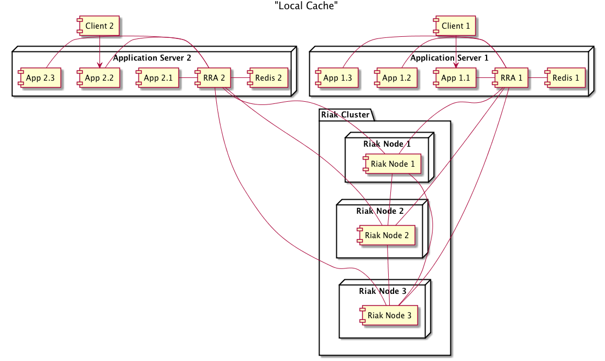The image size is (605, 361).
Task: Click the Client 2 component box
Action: (x=99, y=26)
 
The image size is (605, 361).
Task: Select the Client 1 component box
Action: (x=455, y=26)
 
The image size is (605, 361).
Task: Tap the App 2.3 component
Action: (x=39, y=78)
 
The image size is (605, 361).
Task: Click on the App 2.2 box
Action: (x=98, y=78)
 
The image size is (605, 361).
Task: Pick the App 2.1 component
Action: (x=157, y=78)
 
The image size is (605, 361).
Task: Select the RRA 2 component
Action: (x=214, y=78)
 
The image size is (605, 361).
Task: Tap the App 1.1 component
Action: (x=455, y=78)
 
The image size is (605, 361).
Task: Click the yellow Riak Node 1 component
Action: (x=392, y=164)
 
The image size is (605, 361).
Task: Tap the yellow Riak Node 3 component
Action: (x=389, y=314)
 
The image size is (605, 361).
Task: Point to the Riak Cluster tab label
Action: (x=345, y=114)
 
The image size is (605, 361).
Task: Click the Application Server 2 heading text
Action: (x=152, y=58)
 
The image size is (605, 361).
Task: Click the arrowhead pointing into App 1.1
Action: (x=456, y=65)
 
